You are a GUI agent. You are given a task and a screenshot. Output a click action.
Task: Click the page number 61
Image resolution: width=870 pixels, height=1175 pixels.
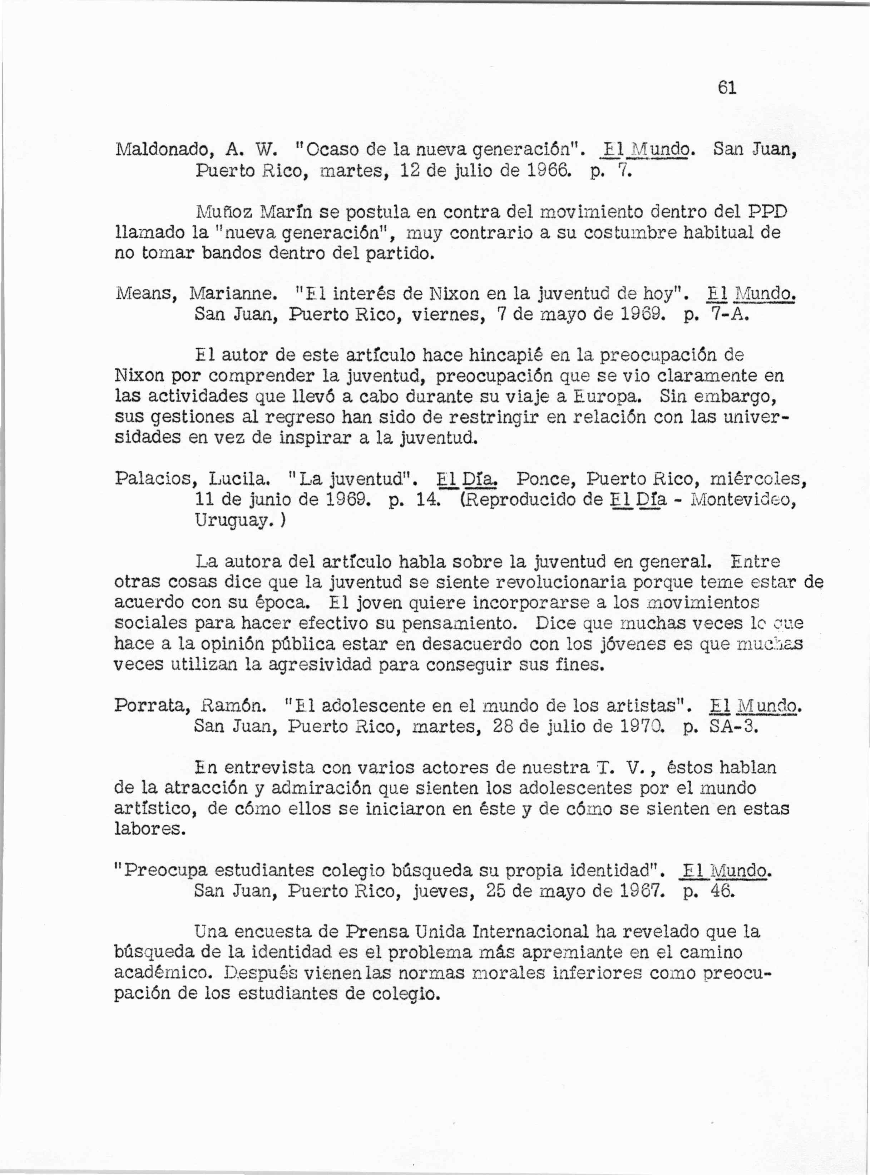point(726,88)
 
